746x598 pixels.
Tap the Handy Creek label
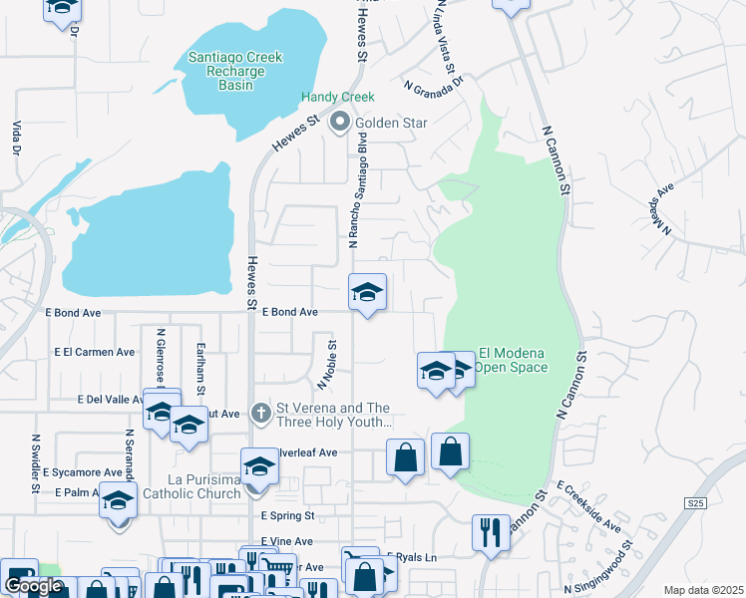pos(338,97)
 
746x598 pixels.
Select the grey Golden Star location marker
pos(340,123)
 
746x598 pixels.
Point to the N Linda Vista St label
pos(445,41)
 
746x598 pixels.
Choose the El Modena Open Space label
pos(513,360)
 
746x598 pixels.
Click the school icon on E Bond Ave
pos(367,293)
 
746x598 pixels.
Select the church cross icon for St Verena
pos(260,412)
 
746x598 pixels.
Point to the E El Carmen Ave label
pos(95,352)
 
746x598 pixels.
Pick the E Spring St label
pos(287,516)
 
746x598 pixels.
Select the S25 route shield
pos(696,505)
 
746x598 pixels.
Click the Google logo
pos(33,586)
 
